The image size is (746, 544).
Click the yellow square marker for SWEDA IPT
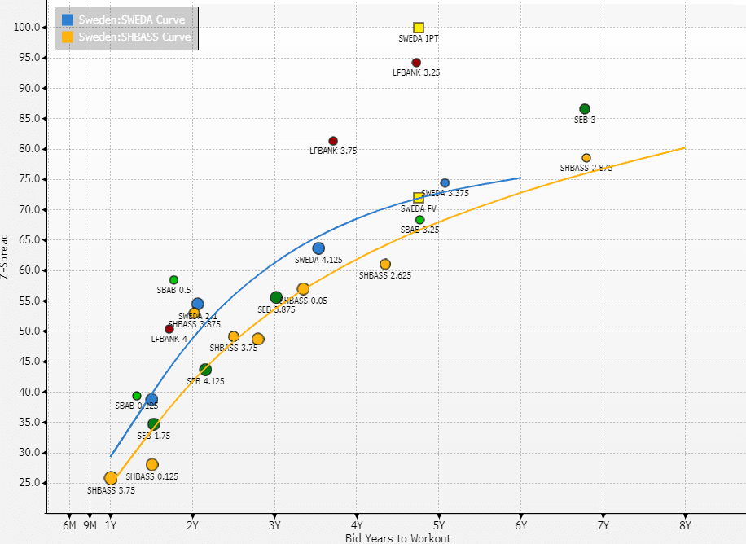419,28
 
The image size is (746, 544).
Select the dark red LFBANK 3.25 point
416,63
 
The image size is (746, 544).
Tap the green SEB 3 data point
585,109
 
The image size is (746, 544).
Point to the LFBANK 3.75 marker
333,141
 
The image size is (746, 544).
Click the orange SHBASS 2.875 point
586,158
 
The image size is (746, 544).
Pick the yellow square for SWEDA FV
419,198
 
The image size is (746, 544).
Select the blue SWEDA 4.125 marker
318,248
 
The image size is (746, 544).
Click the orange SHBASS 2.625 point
385,264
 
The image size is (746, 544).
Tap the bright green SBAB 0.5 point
173,280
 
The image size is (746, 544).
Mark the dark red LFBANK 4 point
169,329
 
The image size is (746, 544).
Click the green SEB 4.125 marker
205,370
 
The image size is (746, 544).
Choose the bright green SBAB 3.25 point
420,220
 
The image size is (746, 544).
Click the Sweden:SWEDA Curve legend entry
131,20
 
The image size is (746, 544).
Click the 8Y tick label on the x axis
685,525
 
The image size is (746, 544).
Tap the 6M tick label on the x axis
69,525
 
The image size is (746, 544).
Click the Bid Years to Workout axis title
386,537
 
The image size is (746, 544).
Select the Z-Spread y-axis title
7,257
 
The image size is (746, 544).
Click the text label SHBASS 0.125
151,476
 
